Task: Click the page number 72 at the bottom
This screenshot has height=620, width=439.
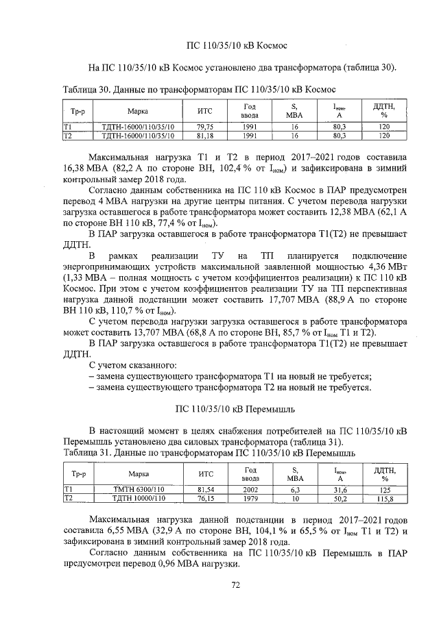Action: [235, 585]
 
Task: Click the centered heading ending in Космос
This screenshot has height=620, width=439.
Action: [235, 46]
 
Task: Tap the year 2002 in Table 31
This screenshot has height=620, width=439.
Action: [250, 490]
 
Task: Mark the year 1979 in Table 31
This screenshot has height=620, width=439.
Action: [250, 499]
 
